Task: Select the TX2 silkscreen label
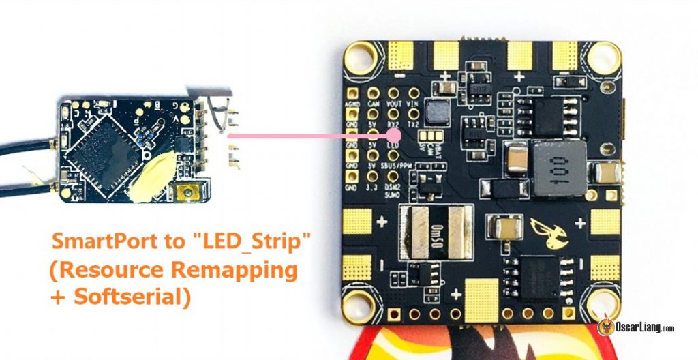click(412, 125)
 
